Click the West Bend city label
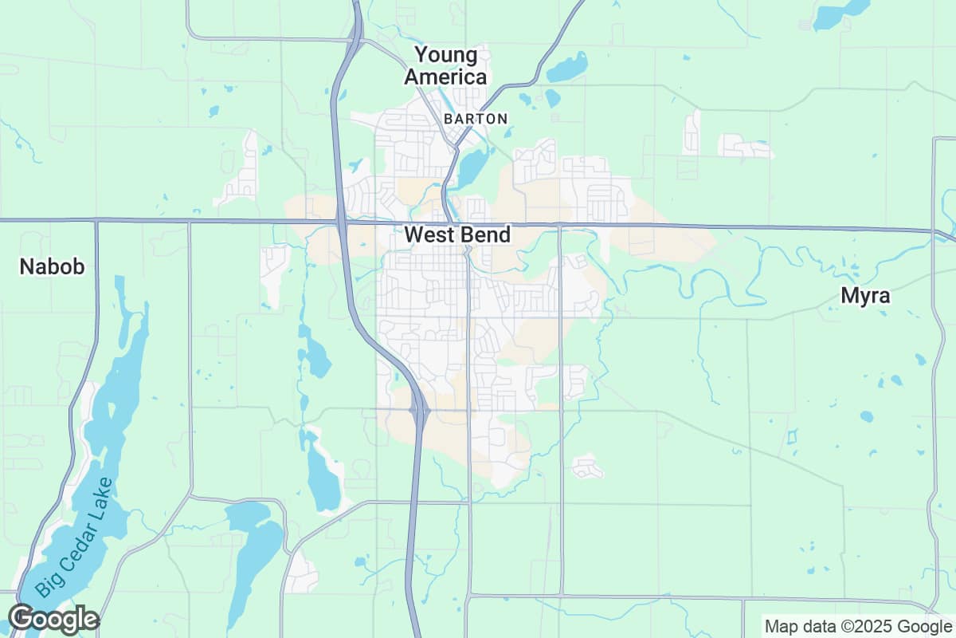(457, 234)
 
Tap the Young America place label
(446, 66)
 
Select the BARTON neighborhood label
(476, 119)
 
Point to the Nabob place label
(52, 266)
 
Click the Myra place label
(865, 296)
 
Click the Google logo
(53, 619)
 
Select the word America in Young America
(446, 77)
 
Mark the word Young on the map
(447, 55)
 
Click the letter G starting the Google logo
(22, 619)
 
